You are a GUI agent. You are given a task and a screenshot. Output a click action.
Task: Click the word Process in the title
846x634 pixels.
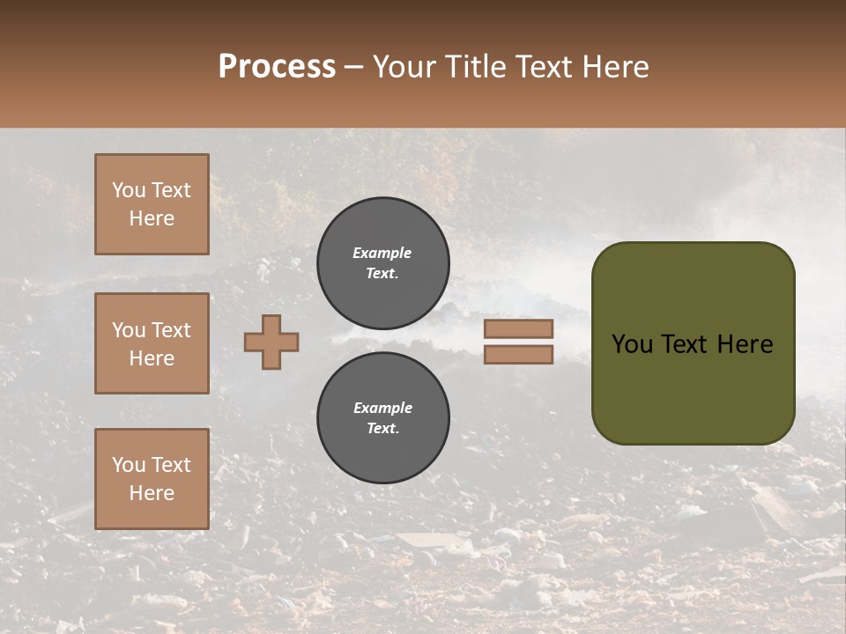tap(277, 67)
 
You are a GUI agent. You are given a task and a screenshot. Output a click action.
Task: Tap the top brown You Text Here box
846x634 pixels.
tap(152, 204)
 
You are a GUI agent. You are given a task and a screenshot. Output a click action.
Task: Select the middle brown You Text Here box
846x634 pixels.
tap(152, 343)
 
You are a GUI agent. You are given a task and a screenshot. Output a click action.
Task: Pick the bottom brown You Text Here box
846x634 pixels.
tap(152, 479)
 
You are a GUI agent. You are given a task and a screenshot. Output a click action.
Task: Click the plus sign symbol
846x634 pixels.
tap(271, 342)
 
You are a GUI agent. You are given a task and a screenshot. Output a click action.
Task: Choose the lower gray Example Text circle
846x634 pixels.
tap(383, 418)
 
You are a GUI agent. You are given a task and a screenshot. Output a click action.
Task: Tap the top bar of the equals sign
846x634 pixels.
tap(518, 328)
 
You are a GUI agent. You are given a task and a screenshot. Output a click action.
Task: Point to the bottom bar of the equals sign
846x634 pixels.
tap(518, 355)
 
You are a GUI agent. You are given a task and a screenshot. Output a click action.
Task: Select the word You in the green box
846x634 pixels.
tap(632, 344)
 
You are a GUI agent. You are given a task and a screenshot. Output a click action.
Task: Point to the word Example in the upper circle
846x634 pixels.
tap(382, 253)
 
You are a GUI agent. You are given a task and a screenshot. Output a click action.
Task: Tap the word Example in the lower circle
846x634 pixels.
tap(382, 408)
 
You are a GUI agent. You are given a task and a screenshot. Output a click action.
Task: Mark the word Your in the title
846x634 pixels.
tap(407, 67)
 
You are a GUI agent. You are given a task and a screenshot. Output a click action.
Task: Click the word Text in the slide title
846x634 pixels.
tap(543, 67)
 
